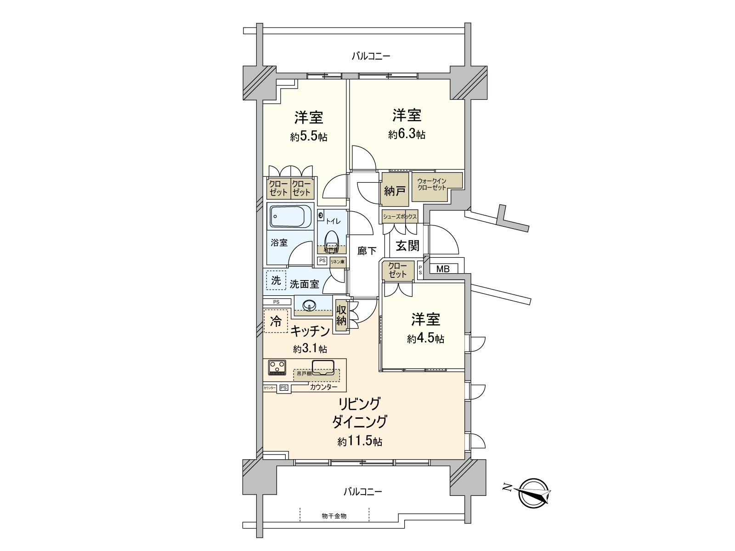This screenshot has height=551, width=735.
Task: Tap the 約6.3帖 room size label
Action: (x=407, y=135)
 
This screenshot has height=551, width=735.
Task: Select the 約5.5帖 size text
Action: (x=309, y=137)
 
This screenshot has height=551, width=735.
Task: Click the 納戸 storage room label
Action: (x=395, y=190)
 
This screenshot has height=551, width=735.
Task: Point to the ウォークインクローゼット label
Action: (x=432, y=184)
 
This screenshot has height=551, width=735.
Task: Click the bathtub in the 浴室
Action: (x=290, y=216)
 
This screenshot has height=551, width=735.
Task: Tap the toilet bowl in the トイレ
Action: (x=331, y=240)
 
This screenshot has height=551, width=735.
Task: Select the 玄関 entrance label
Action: (x=407, y=246)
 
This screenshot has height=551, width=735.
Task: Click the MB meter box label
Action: (x=443, y=269)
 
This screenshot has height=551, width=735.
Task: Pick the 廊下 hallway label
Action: (x=367, y=251)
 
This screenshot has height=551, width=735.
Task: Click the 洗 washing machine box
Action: (x=276, y=280)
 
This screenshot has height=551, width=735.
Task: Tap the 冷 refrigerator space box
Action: (x=276, y=321)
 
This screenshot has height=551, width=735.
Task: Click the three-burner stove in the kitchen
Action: (x=277, y=366)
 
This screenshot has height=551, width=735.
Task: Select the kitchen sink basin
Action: (x=323, y=367)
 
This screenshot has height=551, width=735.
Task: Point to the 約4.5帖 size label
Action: (x=425, y=339)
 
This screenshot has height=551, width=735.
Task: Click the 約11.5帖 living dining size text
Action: (x=360, y=442)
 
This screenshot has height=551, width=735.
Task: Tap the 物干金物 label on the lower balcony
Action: (x=334, y=516)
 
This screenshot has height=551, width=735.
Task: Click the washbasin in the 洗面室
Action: (x=309, y=304)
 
